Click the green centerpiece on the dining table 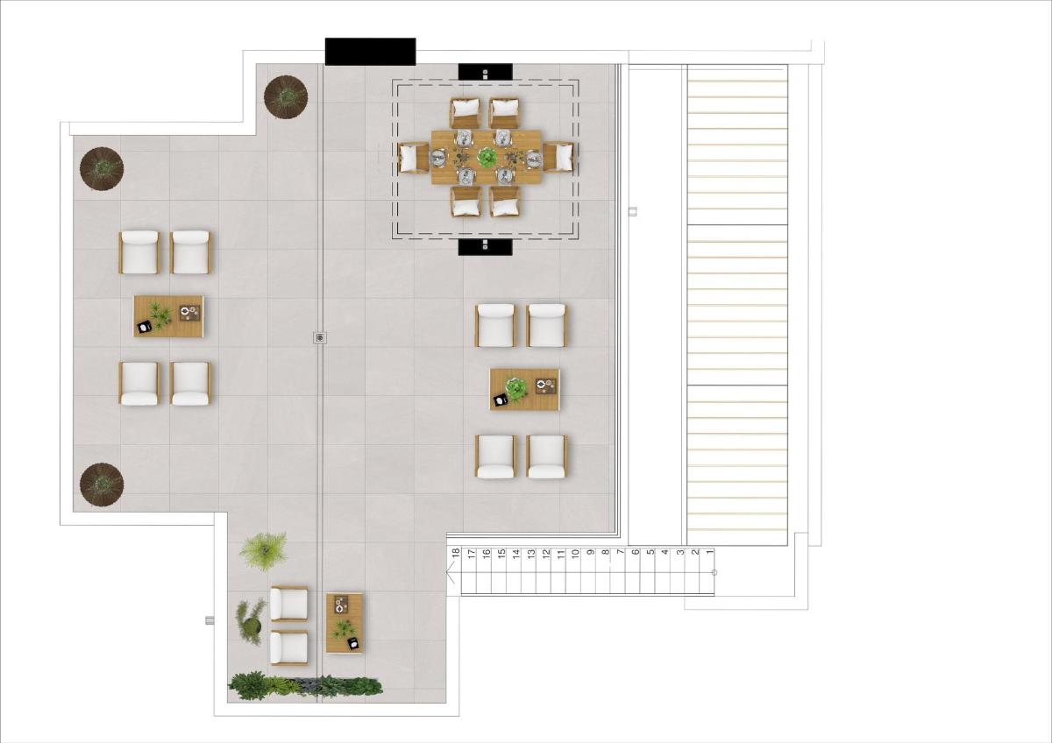(x=487, y=158)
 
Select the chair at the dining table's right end (x=558, y=158)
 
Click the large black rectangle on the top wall (x=370, y=52)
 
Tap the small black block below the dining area (x=485, y=247)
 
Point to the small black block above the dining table (x=485, y=72)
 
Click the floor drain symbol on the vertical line (x=320, y=337)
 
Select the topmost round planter (x=286, y=96)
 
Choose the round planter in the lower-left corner (x=102, y=484)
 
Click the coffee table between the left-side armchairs (x=168, y=316)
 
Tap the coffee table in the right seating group (x=524, y=389)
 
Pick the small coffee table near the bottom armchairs (x=345, y=623)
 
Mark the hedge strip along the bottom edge (x=305, y=685)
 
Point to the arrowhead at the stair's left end (x=451, y=575)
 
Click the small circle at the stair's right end (x=714, y=573)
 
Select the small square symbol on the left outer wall (x=210, y=620)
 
